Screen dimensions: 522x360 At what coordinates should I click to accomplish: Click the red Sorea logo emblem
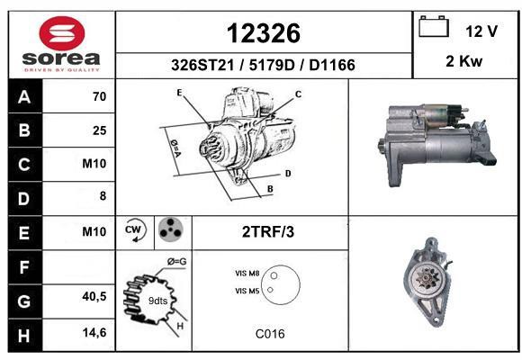(x=62, y=33)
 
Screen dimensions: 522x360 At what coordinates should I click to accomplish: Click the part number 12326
(x=264, y=33)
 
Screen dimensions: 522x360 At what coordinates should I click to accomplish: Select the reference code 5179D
(x=272, y=65)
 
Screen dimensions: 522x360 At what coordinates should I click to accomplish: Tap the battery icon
(x=434, y=26)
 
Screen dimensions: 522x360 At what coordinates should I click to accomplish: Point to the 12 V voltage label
(x=481, y=31)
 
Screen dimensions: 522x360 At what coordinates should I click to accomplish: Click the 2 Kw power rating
(x=463, y=61)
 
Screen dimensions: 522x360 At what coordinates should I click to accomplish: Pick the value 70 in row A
(x=100, y=96)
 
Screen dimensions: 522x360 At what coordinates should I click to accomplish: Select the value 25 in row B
(x=100, y=130)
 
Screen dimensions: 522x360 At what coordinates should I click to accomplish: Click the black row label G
(x=25, y=301)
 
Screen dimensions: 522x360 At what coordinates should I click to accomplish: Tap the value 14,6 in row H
(x=94, y=332)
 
